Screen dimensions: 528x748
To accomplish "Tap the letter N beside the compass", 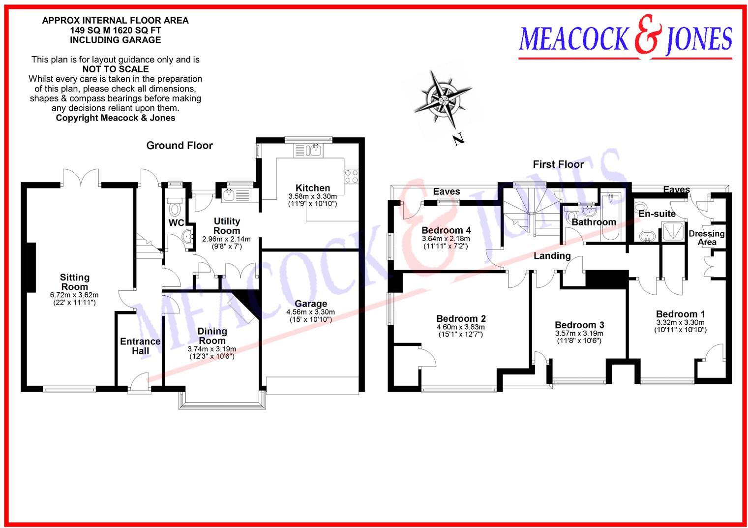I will point(458,140).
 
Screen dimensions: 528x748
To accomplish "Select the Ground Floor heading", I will point(180,146).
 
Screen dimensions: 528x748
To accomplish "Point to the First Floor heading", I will point(558,164).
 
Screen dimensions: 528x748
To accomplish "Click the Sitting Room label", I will point(75,282).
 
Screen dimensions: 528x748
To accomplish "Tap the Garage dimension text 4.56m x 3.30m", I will point(310,312).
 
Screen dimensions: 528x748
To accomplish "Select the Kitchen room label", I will point(313,188).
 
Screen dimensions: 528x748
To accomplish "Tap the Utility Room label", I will point(227,226).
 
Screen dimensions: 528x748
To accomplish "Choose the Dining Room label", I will point(212,336).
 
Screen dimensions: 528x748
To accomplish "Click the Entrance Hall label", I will point(140,346).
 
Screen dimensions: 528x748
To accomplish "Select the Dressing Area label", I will point(707,238).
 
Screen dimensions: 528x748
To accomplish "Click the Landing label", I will point(552,256).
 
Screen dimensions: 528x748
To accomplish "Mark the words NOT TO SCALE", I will point(116,69).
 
